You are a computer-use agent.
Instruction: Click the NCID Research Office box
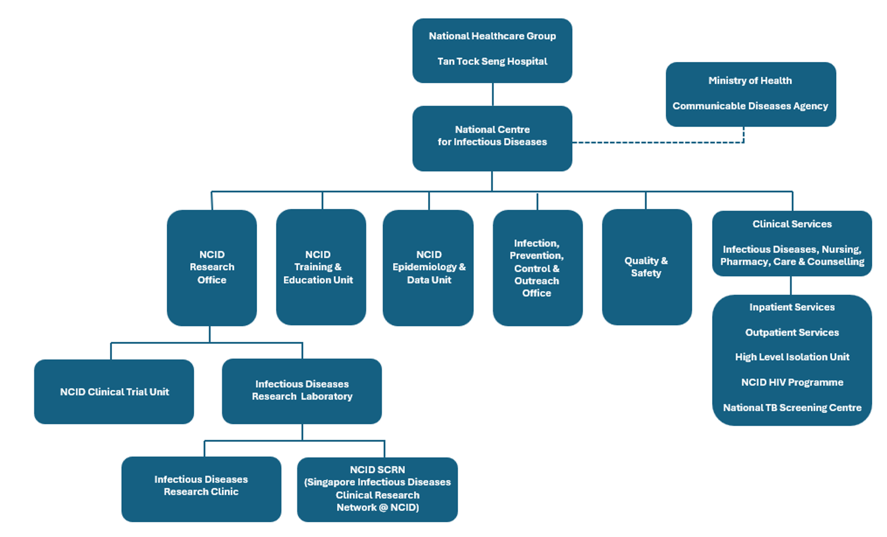click(x=211, y=267)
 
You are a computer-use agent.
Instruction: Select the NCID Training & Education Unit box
click(x=321, y=267)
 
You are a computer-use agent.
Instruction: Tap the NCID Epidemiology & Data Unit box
click(x=428, y=267)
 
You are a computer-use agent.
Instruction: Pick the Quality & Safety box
click(x=646, y=267)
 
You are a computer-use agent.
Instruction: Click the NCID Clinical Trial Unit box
click(x=114, y=391)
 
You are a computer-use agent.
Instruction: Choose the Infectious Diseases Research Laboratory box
click(x=302, y=390)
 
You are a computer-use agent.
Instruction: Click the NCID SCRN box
click(x=377, y=489)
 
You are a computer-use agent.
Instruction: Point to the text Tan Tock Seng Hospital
click(x=492, y=61)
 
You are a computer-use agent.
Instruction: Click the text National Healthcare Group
click(x=492, y=36)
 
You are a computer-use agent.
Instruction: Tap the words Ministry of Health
click(x=750, y=81)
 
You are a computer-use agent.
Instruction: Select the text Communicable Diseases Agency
click(x=750, y=106)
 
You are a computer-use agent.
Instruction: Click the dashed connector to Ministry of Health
click(x=659, y=142)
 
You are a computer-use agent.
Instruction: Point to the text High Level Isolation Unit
click(x=792, y=357)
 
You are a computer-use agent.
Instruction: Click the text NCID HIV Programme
click(x=792, y=382)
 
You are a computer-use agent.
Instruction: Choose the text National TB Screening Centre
click(x=792, y=408)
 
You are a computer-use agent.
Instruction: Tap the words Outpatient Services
click(x=792, y=333)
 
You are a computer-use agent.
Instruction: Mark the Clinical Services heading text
click(x=792, y=224)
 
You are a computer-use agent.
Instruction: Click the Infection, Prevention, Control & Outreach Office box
click(x=537, y=268)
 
